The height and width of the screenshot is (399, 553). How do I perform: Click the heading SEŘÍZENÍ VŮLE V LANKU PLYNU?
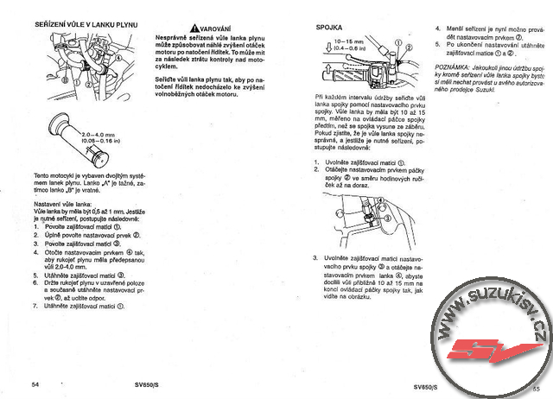pos(84,27)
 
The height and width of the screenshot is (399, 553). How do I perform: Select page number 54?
pos(35,383)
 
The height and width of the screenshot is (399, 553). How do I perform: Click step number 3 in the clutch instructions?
pos(315,256)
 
